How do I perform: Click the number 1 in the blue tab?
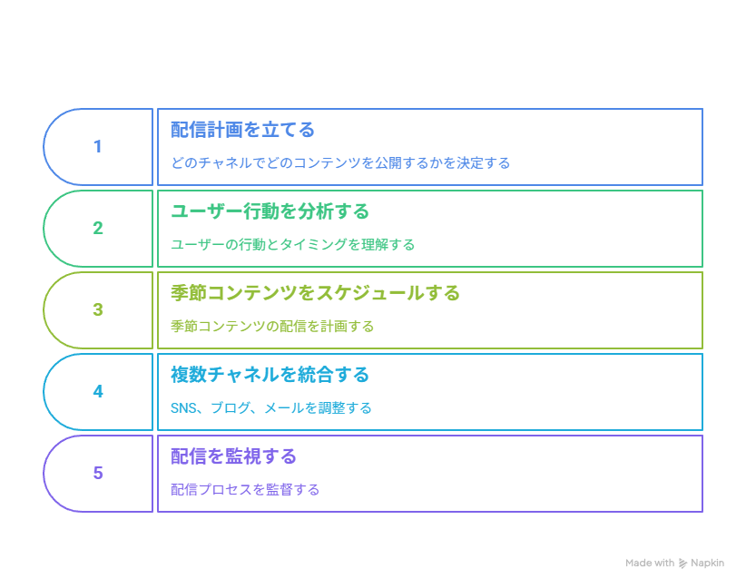click(x=97, y=146)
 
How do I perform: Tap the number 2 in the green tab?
click(x=98, y=229)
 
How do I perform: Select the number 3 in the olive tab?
click(x=98, y=309)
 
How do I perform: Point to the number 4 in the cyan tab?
click(x=98, y=391)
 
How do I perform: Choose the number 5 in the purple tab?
click(x=98, y=473)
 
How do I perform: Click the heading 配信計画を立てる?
click(x=242, y=130)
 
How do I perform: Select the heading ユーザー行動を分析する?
click(x=270, y=211)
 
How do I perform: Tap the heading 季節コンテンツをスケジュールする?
click(x=315, y=293)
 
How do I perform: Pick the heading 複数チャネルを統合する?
click(x=270, y=375)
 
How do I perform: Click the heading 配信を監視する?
click(x=233, y=456)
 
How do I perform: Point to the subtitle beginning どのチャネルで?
click(x=340, y=163)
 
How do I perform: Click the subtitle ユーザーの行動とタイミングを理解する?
click(x=292, y=244)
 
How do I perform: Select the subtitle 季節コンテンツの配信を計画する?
click(x=272, y=327)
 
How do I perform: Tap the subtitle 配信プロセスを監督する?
click(x=245, y=489)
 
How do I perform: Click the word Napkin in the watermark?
click(x=708, y=563)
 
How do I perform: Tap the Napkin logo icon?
click(x=682, y=563)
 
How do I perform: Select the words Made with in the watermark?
click(x=650, y=563)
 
